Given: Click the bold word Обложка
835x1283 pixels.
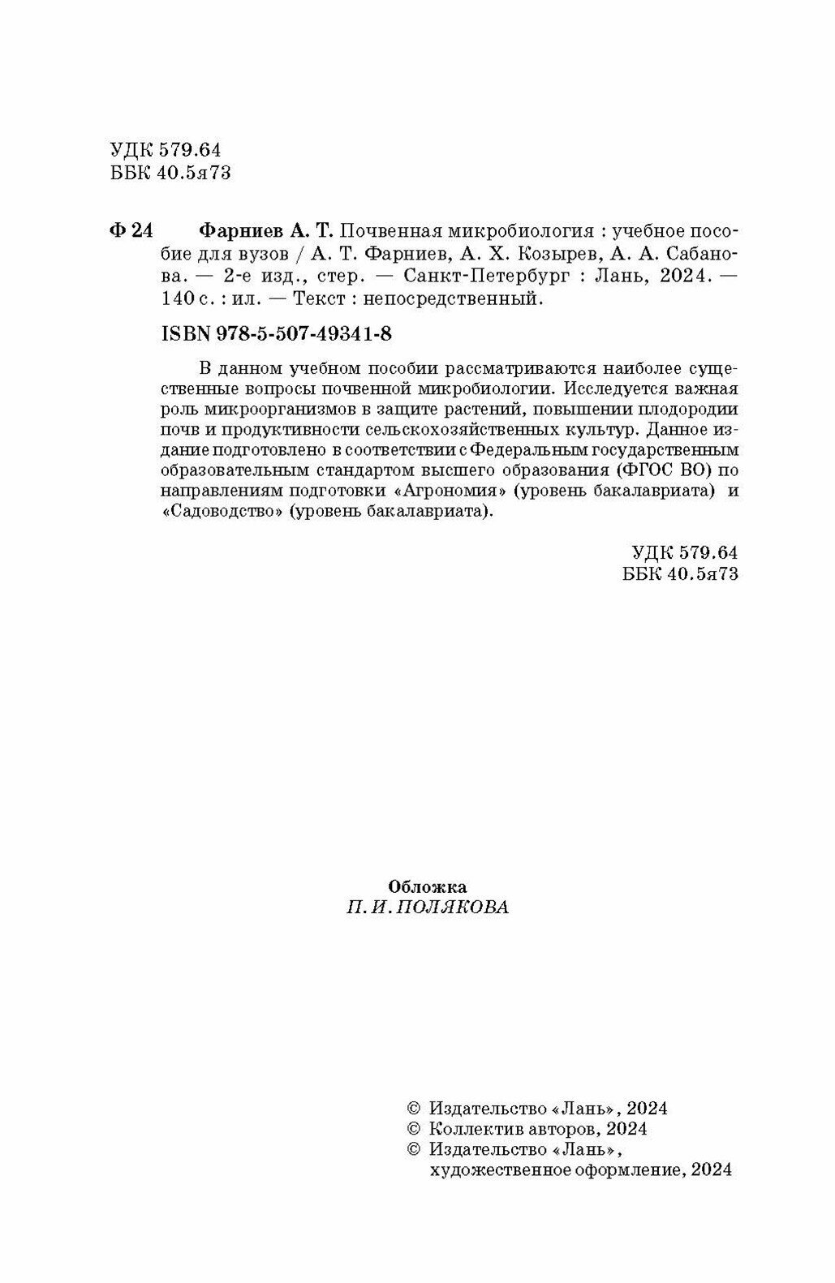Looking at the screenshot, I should point(428,886).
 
